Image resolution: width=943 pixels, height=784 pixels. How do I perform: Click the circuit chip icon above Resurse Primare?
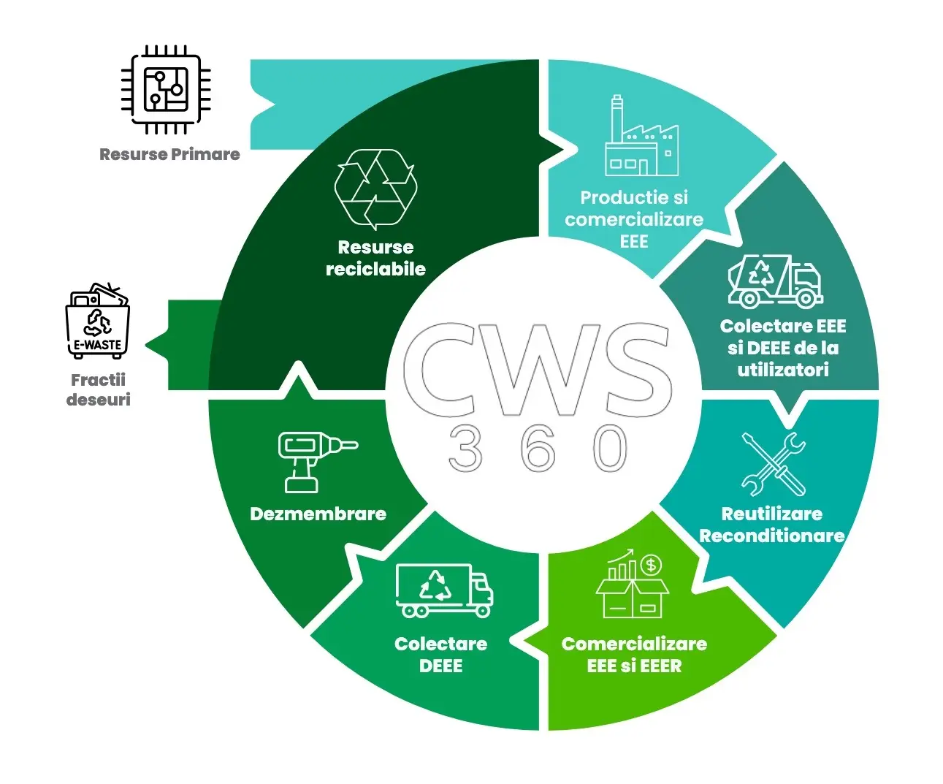click(166, 90)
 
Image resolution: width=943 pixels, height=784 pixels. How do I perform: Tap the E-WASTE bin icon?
click(97, 321)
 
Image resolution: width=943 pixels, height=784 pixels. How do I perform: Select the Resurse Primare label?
click(169, 154)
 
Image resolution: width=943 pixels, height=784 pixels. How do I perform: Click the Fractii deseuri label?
click(98, 389)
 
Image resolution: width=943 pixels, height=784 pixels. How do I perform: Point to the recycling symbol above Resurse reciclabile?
click(375, 189)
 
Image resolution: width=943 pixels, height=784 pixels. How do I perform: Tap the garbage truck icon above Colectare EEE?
click(775, 281)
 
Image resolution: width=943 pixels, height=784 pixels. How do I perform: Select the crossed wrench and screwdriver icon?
click(774, 463)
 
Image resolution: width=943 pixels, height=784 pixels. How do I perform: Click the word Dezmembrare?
click(318, 514)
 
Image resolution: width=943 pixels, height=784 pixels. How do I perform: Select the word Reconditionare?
click(772, 536)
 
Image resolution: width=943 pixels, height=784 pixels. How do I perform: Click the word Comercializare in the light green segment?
click(634, 644)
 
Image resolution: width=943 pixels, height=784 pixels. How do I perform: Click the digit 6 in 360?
click(538, 448)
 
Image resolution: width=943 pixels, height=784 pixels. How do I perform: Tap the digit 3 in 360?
click(466, 448)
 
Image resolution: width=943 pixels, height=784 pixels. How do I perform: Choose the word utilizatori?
click(782, 370)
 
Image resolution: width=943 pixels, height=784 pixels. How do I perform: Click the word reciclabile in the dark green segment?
click(375, 269)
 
